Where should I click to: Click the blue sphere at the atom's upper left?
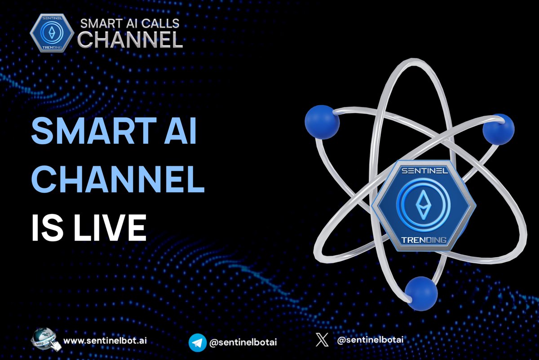[322, 122]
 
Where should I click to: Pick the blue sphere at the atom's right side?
[498, 129]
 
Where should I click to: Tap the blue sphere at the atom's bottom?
[421, 293]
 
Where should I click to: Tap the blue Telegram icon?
[197, 342]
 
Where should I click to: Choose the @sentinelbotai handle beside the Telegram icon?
[243, 342]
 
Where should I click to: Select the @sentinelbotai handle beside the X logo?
[370, 340]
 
